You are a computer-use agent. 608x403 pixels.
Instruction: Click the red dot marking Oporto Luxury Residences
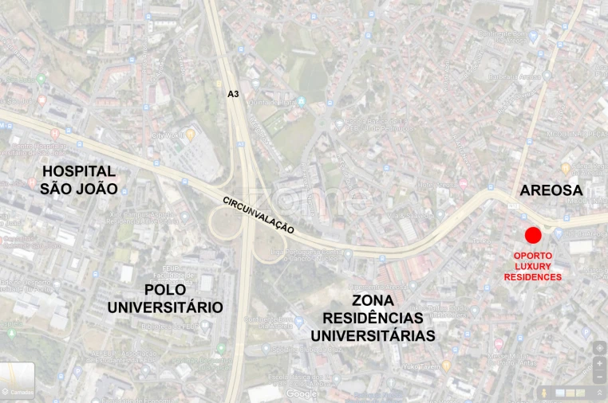533,235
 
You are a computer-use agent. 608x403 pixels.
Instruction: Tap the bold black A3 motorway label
233,94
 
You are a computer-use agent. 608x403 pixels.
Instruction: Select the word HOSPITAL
78,171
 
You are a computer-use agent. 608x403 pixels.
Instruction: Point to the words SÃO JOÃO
78,189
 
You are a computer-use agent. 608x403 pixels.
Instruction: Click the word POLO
165,290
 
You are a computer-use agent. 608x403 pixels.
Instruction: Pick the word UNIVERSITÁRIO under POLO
165,307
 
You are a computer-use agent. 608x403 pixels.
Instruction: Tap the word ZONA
373,301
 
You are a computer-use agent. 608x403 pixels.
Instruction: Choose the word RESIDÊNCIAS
373,319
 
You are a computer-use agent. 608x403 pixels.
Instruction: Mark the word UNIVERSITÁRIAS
373,336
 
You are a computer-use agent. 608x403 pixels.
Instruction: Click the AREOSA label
551,190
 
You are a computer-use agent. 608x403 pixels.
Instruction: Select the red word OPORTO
532,256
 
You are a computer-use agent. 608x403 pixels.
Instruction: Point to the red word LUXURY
532,266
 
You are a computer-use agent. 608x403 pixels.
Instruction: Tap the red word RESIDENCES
532,276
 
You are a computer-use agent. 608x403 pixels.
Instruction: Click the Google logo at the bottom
302,393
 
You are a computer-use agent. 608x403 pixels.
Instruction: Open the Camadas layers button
18,380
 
